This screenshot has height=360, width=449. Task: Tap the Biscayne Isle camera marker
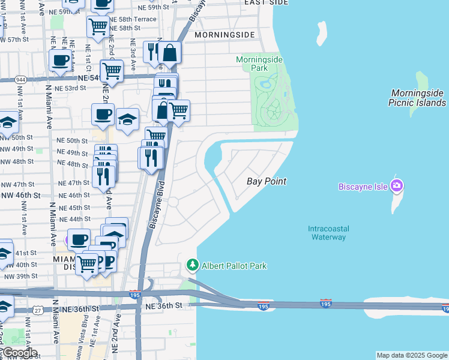(396, 185)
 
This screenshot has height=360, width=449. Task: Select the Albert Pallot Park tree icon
(193, 265)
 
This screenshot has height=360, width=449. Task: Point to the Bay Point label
(267, 181)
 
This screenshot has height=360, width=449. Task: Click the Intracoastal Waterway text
(328, 233)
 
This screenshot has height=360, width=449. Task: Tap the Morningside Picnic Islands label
(418, 98)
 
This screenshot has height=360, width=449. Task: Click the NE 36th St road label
(163, 306)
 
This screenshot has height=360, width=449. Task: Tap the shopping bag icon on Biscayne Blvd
(170, 53)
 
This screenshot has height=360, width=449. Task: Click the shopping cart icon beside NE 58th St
(98, 26)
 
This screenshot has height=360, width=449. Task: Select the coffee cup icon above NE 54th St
(60, 61)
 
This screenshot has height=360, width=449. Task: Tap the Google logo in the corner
(19, 353)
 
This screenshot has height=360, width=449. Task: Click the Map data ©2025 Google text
(412, 355)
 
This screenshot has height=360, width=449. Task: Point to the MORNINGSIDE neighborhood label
(224, 35)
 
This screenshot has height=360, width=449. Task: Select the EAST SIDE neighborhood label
(267, 3)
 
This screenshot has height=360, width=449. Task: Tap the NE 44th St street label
(75, 219)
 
